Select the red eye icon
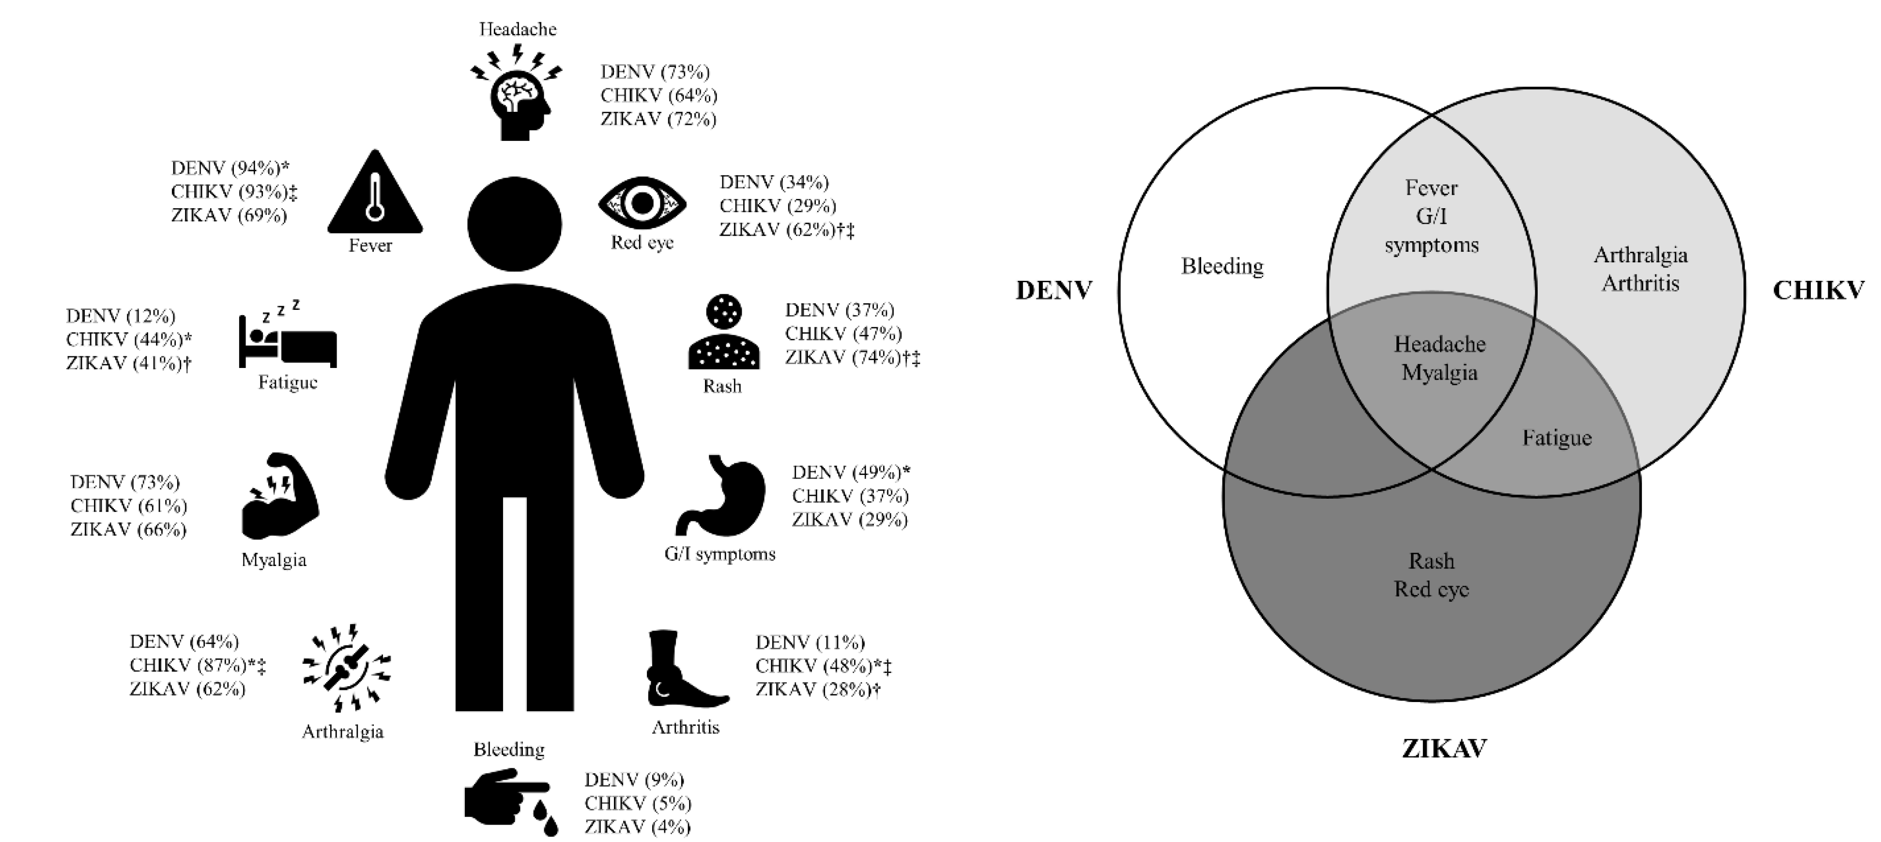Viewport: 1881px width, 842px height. [642, 203]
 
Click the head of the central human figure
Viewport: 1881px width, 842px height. [514, 224]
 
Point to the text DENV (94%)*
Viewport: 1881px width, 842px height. [230, 168]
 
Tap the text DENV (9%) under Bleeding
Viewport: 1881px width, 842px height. [634, 780]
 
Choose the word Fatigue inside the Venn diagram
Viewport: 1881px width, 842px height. [1557, 438]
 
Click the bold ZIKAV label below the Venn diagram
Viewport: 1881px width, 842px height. [1444, 749]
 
